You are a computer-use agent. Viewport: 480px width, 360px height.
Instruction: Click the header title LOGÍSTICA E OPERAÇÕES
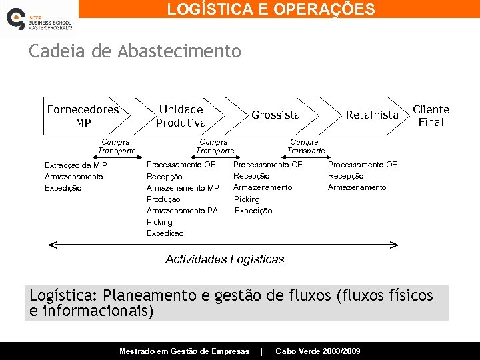coord(271,9)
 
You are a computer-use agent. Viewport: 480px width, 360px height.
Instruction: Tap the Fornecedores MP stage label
coord(83,116)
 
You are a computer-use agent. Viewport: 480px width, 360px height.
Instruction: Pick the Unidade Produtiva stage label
coord(181,116)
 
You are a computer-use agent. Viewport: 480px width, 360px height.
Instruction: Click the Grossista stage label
coord(275,115)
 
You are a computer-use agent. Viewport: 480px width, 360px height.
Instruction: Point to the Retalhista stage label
coord(371,115)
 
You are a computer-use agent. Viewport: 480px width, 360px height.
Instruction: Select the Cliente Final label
coord(431,115)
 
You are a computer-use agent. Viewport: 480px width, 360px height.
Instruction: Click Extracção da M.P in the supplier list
coord(75,165)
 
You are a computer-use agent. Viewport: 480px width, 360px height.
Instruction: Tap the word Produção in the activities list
coord(163,199)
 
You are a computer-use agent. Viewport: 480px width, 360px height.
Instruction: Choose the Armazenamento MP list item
coord(183,188)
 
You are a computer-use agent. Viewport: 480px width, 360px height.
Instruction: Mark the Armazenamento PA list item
coord(182,211)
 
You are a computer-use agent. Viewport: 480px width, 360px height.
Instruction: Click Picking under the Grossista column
coord(247,199)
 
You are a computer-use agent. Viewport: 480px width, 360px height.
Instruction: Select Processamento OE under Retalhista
coord(362,165)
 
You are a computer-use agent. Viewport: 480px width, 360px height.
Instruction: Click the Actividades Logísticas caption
coord(225,259)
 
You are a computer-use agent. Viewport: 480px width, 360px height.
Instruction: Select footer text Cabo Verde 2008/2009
coord(317,351)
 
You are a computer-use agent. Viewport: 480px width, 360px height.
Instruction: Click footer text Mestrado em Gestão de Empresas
coord(184,351)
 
